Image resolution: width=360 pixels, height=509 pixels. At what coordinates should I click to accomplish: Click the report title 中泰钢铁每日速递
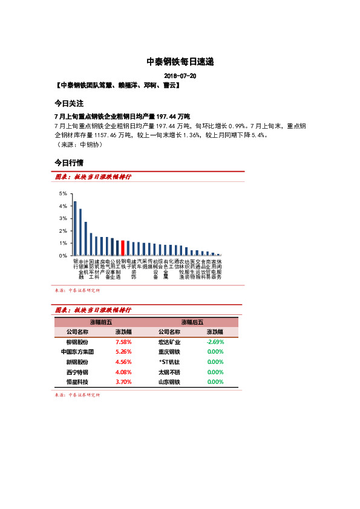coord(180,62)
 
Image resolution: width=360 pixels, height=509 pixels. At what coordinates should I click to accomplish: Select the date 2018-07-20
coord(180,76)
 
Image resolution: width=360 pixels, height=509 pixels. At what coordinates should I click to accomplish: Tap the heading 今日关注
coord(69,103)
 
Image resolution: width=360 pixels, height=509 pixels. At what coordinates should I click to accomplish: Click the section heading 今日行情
coord(69,163)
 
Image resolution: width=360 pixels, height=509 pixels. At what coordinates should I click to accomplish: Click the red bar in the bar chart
coord(123,248)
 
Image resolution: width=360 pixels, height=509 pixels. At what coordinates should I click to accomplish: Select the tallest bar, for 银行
coord(75,228)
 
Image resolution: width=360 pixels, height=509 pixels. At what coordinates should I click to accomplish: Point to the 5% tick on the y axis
coord(62,193)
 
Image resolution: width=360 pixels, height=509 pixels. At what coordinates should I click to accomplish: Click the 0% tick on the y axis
coord(62,256)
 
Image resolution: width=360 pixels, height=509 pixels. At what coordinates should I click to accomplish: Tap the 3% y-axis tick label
coord(62,218)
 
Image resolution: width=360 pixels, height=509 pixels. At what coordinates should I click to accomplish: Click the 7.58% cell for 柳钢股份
coord(123,342)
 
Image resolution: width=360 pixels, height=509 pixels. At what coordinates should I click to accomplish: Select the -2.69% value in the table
coord(215,342)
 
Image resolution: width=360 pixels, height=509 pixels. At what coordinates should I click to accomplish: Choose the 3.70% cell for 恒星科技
coord(123,382)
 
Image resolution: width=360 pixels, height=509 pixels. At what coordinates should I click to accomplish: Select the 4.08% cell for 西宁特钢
coord(123,372)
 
